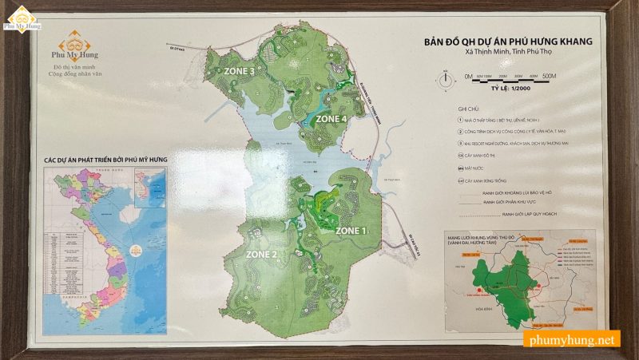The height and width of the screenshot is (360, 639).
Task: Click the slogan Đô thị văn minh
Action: point(68,68)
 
